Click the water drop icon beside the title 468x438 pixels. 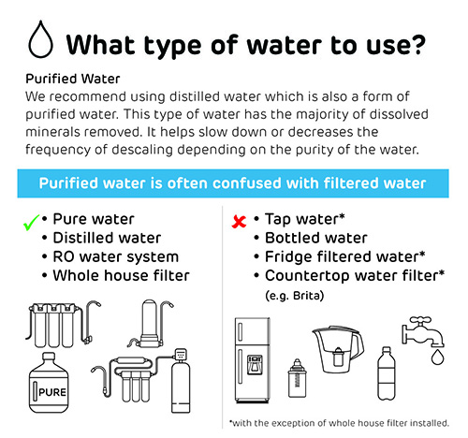(x=40, y=39)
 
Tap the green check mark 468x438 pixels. (x=32, y=222)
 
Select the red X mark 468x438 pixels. (x=239, y=222)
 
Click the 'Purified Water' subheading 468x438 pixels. (x=73, y=79)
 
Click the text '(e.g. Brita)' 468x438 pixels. (x=295, y=295)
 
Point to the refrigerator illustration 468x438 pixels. (x=252, y=360)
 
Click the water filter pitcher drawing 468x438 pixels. (x=338, y=349)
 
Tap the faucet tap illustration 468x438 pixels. (x=423, y=332)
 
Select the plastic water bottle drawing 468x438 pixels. (x=387, y=373)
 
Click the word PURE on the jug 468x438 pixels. (x=52, y=392)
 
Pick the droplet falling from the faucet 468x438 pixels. (x=437, y=357)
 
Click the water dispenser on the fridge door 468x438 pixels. (x=255, y=364)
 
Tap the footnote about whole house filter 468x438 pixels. (x=339, y=423)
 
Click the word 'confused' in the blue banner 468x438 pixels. (x=245, y=183)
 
